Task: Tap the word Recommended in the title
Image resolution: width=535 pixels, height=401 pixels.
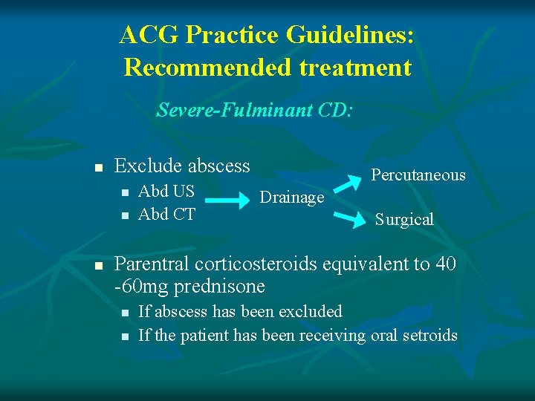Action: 207,68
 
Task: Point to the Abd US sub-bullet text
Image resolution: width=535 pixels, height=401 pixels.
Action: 166,191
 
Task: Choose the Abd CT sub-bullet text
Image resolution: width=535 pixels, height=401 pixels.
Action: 166,215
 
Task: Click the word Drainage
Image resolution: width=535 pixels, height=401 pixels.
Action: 291,198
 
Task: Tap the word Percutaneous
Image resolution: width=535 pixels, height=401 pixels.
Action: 418,175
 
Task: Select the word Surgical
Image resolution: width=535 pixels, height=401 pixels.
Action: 404,219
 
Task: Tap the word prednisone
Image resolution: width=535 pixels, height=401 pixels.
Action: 222,286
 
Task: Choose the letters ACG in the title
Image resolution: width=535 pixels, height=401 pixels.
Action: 149,35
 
